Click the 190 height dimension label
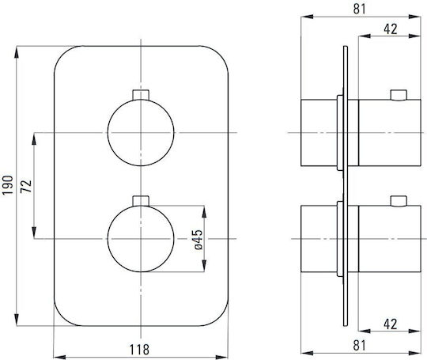click(x=8, y=185)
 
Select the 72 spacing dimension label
click(x=26, y=187)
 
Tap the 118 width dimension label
click(x=139, y=350)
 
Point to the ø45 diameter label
click(x=198, y=240)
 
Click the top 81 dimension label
click(x=360, y=9)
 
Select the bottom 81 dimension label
click(x=360, y=346)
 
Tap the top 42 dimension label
click(x=391, y=29)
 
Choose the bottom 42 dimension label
click(x=391, y=324)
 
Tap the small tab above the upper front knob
click(x=141, y=95)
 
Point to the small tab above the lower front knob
click(x=141, y=201)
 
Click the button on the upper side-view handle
click(x=399, y=95)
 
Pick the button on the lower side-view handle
click(x=399, y=201)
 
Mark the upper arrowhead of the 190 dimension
click(x=17, y=51)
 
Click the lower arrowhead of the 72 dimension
click(x=34, y=233)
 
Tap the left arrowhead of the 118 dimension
click(x=59, y=357)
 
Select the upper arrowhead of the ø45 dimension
click(x=204, y=211)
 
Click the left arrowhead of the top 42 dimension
click(x=365, y=36)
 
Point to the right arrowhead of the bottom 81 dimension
click(x=415, y=353)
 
